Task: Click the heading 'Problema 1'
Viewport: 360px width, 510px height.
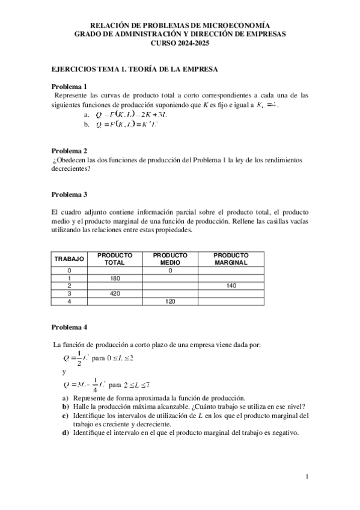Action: point(69,86)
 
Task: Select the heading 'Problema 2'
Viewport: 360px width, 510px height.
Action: point(69,150)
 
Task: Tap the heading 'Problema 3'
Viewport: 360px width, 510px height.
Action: point(69,194)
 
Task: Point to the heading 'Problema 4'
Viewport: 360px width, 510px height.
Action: point(69,327)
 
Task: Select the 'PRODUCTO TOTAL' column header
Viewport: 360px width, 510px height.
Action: point(115,259)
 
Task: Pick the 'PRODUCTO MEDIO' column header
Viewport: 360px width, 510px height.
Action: point(170,259)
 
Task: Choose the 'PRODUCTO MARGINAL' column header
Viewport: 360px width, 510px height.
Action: point(231,259)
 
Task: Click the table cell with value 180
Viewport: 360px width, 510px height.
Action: point(115,278)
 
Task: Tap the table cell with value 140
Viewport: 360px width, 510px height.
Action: point(231,286)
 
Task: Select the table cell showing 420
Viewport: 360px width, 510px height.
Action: point(115,294)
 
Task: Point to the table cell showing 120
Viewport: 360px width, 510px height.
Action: point(170,301)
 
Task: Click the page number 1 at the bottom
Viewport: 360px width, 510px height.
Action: point(307,477)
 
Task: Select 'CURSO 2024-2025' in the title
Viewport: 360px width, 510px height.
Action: point(180,43)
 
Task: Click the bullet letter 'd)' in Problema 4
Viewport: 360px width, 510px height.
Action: point(65,432)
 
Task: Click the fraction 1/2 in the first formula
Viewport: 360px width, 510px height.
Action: point(78,359)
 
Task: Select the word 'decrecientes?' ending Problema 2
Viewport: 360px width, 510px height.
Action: point(71,169)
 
